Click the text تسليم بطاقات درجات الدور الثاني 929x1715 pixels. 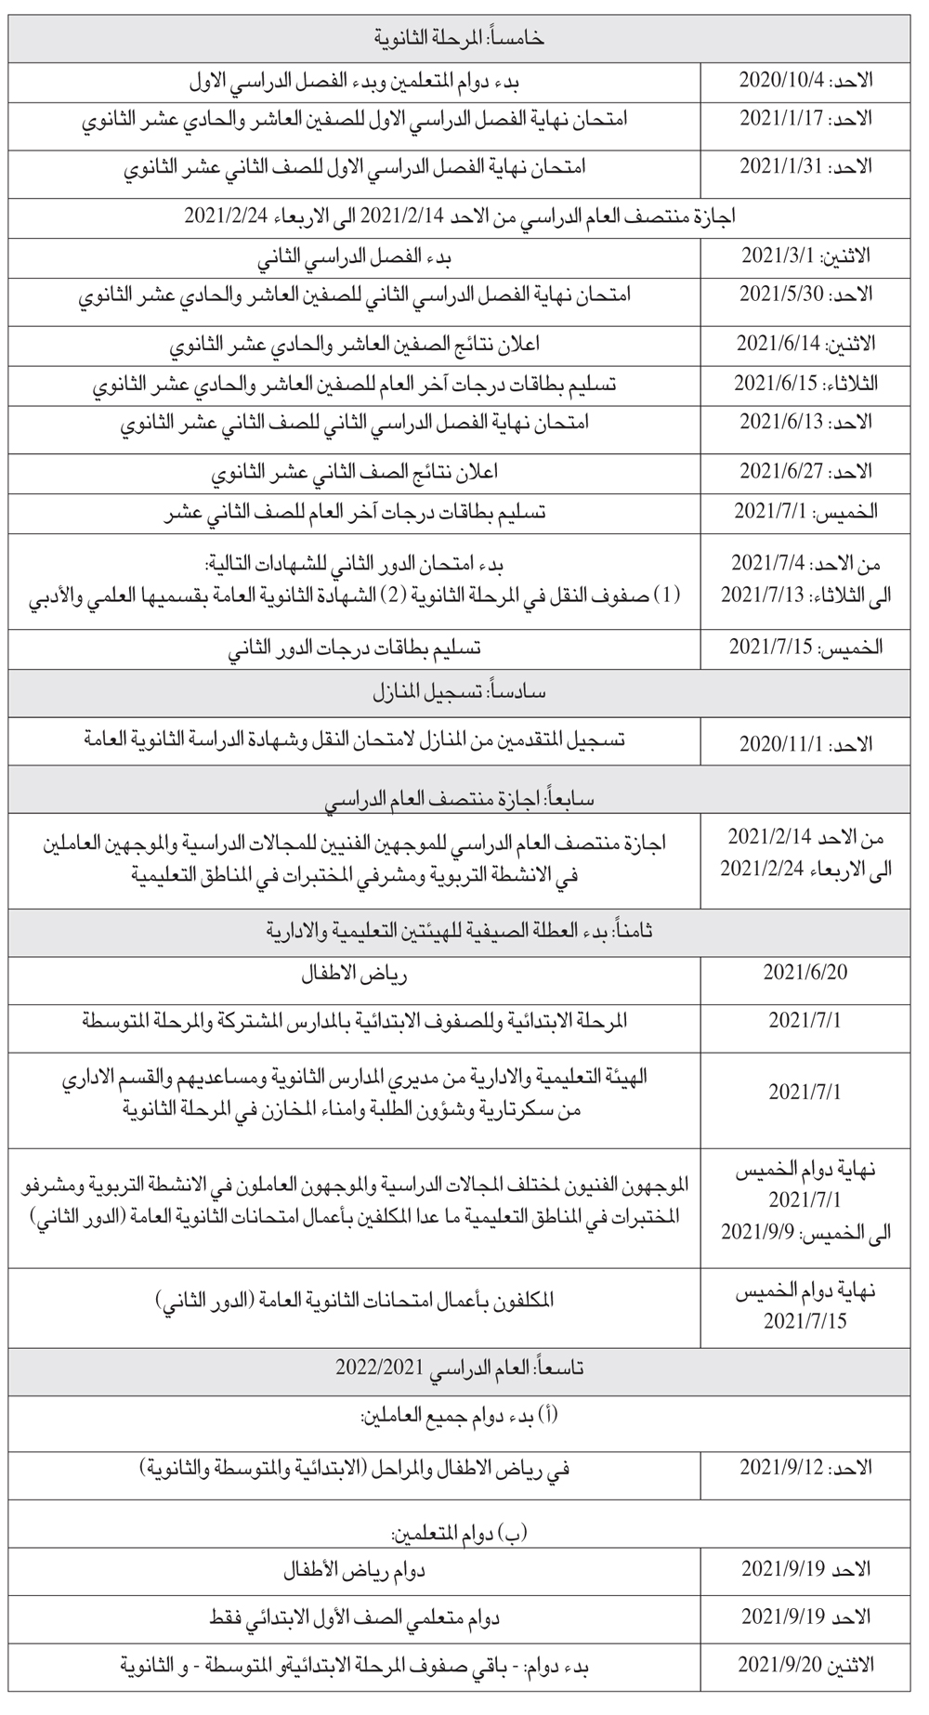356,648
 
